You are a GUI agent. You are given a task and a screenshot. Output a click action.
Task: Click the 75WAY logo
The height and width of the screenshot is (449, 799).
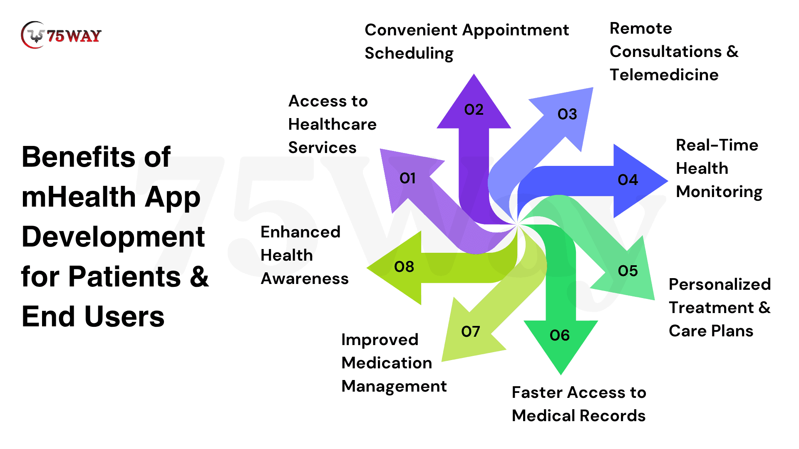coord(61,35)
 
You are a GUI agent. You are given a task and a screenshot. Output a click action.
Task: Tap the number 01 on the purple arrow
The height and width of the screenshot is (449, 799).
coord(407,178)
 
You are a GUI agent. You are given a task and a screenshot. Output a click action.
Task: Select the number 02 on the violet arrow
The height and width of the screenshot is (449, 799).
coord(474,109)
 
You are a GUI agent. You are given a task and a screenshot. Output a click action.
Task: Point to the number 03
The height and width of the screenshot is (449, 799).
coord(567,114)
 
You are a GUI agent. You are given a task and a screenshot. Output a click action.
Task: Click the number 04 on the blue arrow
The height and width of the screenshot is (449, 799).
coord(628,180)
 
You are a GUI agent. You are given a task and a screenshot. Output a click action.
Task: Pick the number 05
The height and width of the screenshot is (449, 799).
coord(628,271)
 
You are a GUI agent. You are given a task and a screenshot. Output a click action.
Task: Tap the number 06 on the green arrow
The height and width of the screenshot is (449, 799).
coord(559,335)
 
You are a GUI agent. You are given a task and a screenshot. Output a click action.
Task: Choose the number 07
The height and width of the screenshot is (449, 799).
coord(470,331)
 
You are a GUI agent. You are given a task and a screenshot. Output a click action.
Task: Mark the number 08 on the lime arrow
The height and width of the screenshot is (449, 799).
coord(404,266)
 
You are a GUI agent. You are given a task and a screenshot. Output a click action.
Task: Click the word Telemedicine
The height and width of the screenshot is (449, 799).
coord(664,75)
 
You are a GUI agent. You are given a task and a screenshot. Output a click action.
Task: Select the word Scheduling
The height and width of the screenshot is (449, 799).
coord(409,54)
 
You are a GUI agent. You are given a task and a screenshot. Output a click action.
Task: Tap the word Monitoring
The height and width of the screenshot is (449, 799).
coord(719,192)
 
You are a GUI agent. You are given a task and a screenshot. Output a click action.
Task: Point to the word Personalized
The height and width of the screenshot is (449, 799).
coord(720,284)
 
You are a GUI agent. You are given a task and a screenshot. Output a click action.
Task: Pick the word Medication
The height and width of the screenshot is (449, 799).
coord(387,363)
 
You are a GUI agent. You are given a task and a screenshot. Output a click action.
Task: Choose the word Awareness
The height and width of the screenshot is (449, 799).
coord(304,279)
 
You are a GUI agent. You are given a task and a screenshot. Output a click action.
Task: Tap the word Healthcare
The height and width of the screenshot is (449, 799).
coord(332,124)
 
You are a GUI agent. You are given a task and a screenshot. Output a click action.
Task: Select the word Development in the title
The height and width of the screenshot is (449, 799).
coord(113,237)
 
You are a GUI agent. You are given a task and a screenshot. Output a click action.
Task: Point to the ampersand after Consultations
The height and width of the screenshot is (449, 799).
coord(732,52)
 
